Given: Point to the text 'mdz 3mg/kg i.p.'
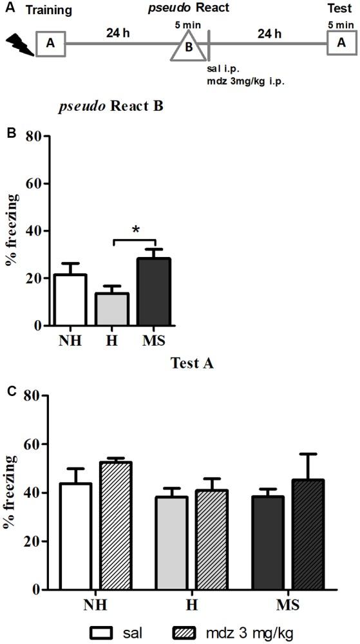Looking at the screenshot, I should pyautogui.click(x=247, y=82).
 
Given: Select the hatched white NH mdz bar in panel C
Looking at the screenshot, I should pyautogui.click(x=120, y=526).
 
